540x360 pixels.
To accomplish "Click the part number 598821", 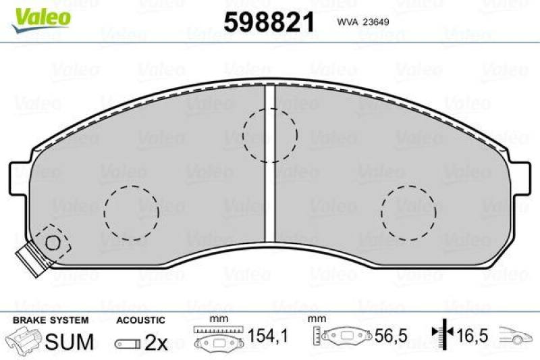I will pos(269,23).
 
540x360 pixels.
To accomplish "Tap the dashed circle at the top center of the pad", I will pos(269,135).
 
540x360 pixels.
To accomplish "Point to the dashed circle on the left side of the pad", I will pos(131,213).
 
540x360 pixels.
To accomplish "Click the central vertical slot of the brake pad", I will pos(269,162).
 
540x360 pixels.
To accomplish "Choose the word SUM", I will pos(69,342).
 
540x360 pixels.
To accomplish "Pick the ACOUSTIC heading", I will pos(140,319).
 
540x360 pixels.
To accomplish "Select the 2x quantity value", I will pos(155,342).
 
